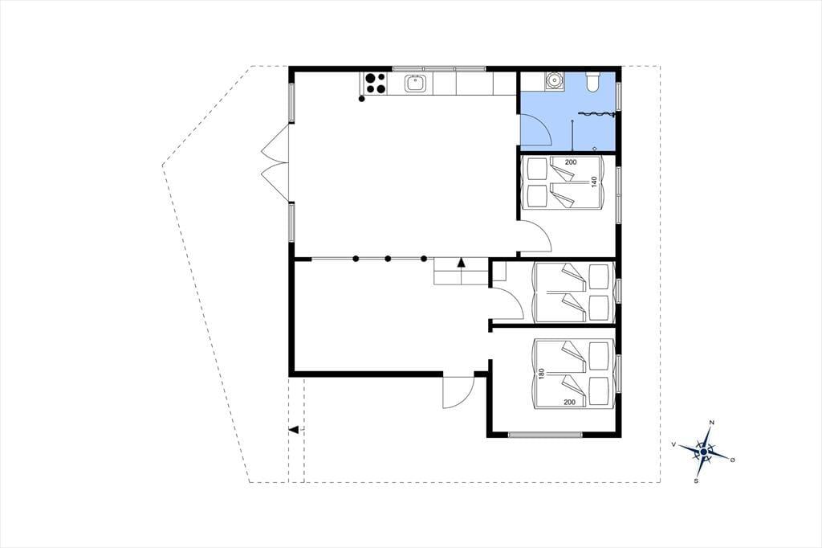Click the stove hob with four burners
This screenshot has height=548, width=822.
[375, 84]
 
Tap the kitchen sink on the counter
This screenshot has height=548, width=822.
[415, 84]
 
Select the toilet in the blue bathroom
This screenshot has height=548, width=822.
[593, 82]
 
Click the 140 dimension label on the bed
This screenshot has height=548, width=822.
[594, 182]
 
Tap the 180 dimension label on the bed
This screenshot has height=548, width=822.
[541, 373]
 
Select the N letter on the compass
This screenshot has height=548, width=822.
[711, 423]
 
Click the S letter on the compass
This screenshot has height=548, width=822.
[696, 481]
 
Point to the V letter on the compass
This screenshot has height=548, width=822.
[673, 444]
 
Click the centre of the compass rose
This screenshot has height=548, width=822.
[703, 452]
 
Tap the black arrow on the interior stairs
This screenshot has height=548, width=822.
[462, 263]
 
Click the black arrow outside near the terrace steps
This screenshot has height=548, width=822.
[294, 430]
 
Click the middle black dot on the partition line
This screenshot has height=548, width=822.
[388, 258]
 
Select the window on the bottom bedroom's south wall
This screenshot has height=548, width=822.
[545, 435]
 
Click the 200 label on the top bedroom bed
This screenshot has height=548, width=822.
[571, 162]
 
